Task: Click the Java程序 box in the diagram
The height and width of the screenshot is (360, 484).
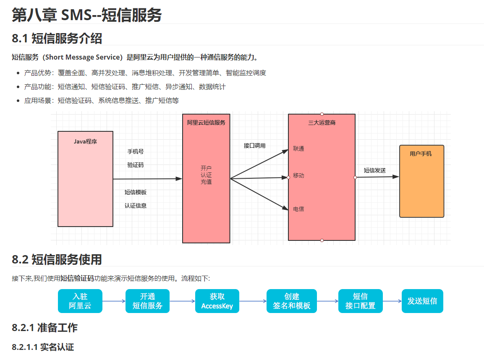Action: coord(85,179)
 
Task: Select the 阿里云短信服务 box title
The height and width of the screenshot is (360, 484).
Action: coord(206,123)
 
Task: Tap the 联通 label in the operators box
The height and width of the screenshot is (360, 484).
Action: coord(298,149)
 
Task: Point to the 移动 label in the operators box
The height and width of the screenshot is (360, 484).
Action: coord(298,175)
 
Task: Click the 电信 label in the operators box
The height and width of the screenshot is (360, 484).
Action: coord(298,209)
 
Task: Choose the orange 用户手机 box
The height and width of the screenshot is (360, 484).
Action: coord(421,181)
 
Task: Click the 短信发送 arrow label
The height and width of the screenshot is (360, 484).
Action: coord(374,170)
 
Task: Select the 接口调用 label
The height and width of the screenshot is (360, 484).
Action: coord(254,146)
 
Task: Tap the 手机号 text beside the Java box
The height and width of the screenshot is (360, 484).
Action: coord(135,151)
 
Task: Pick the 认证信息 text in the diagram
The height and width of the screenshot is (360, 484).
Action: coord(135,206)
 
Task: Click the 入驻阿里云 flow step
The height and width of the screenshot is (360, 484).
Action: coord(80,301)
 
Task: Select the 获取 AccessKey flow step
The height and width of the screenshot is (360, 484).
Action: coord(217,301)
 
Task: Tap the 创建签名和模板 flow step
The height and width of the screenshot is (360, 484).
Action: coord(291,301)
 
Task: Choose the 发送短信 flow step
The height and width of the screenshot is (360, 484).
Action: coord(422,301)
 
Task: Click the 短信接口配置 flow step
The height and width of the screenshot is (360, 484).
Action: coord(360,301)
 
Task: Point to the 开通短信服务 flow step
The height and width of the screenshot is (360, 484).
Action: coord(147,301)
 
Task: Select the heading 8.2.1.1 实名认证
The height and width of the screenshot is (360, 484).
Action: coord(43,347)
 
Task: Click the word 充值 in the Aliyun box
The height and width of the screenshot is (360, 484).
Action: coord(206,182)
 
